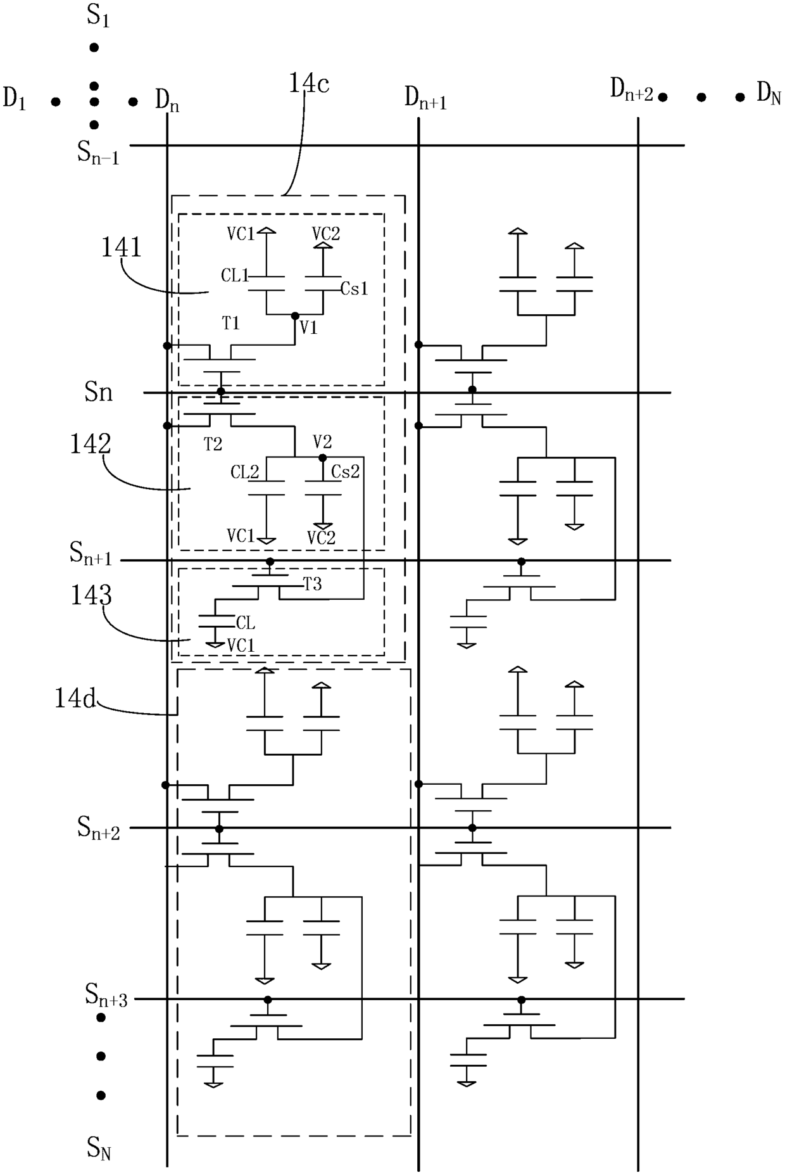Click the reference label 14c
[310, 84]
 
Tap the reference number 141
[122, 248]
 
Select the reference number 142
[91, 444]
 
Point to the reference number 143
[91, 595]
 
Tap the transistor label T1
[231, 324]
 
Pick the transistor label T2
[213, 445]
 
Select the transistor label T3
[313, 584]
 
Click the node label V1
[308, 327]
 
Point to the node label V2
[322, 441]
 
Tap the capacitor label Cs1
[355, 289]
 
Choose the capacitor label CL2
[245, 472]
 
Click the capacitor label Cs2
[346, 471]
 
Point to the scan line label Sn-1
[98, 152]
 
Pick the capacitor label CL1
[235, 276]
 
